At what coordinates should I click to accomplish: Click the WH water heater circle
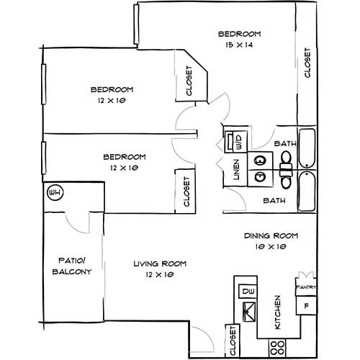53,193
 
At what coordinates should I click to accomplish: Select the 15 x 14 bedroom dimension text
238,45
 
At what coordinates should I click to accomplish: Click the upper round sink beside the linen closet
259,160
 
